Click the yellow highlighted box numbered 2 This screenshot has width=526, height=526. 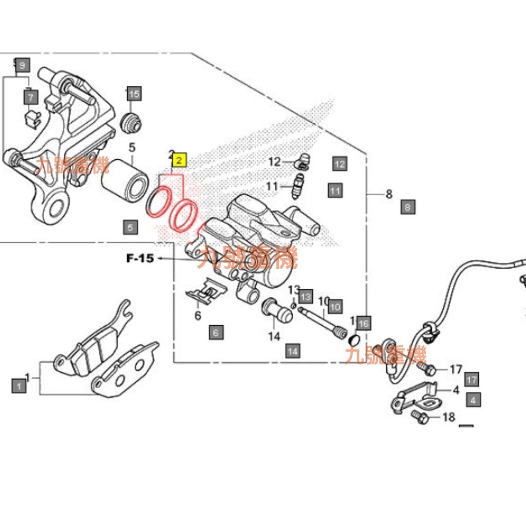179,161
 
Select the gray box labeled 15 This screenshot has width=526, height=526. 134,94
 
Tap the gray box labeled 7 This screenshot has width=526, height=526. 31,97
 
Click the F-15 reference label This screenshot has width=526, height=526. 140,258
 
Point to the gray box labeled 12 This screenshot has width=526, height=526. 340,164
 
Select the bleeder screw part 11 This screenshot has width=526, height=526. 297,186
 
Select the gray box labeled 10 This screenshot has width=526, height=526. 335,307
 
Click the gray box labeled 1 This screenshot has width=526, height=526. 19,385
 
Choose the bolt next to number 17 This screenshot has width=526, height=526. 426,368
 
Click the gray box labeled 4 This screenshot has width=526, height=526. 473,399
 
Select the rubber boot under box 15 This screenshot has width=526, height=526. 131,122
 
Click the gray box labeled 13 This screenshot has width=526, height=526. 306,296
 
